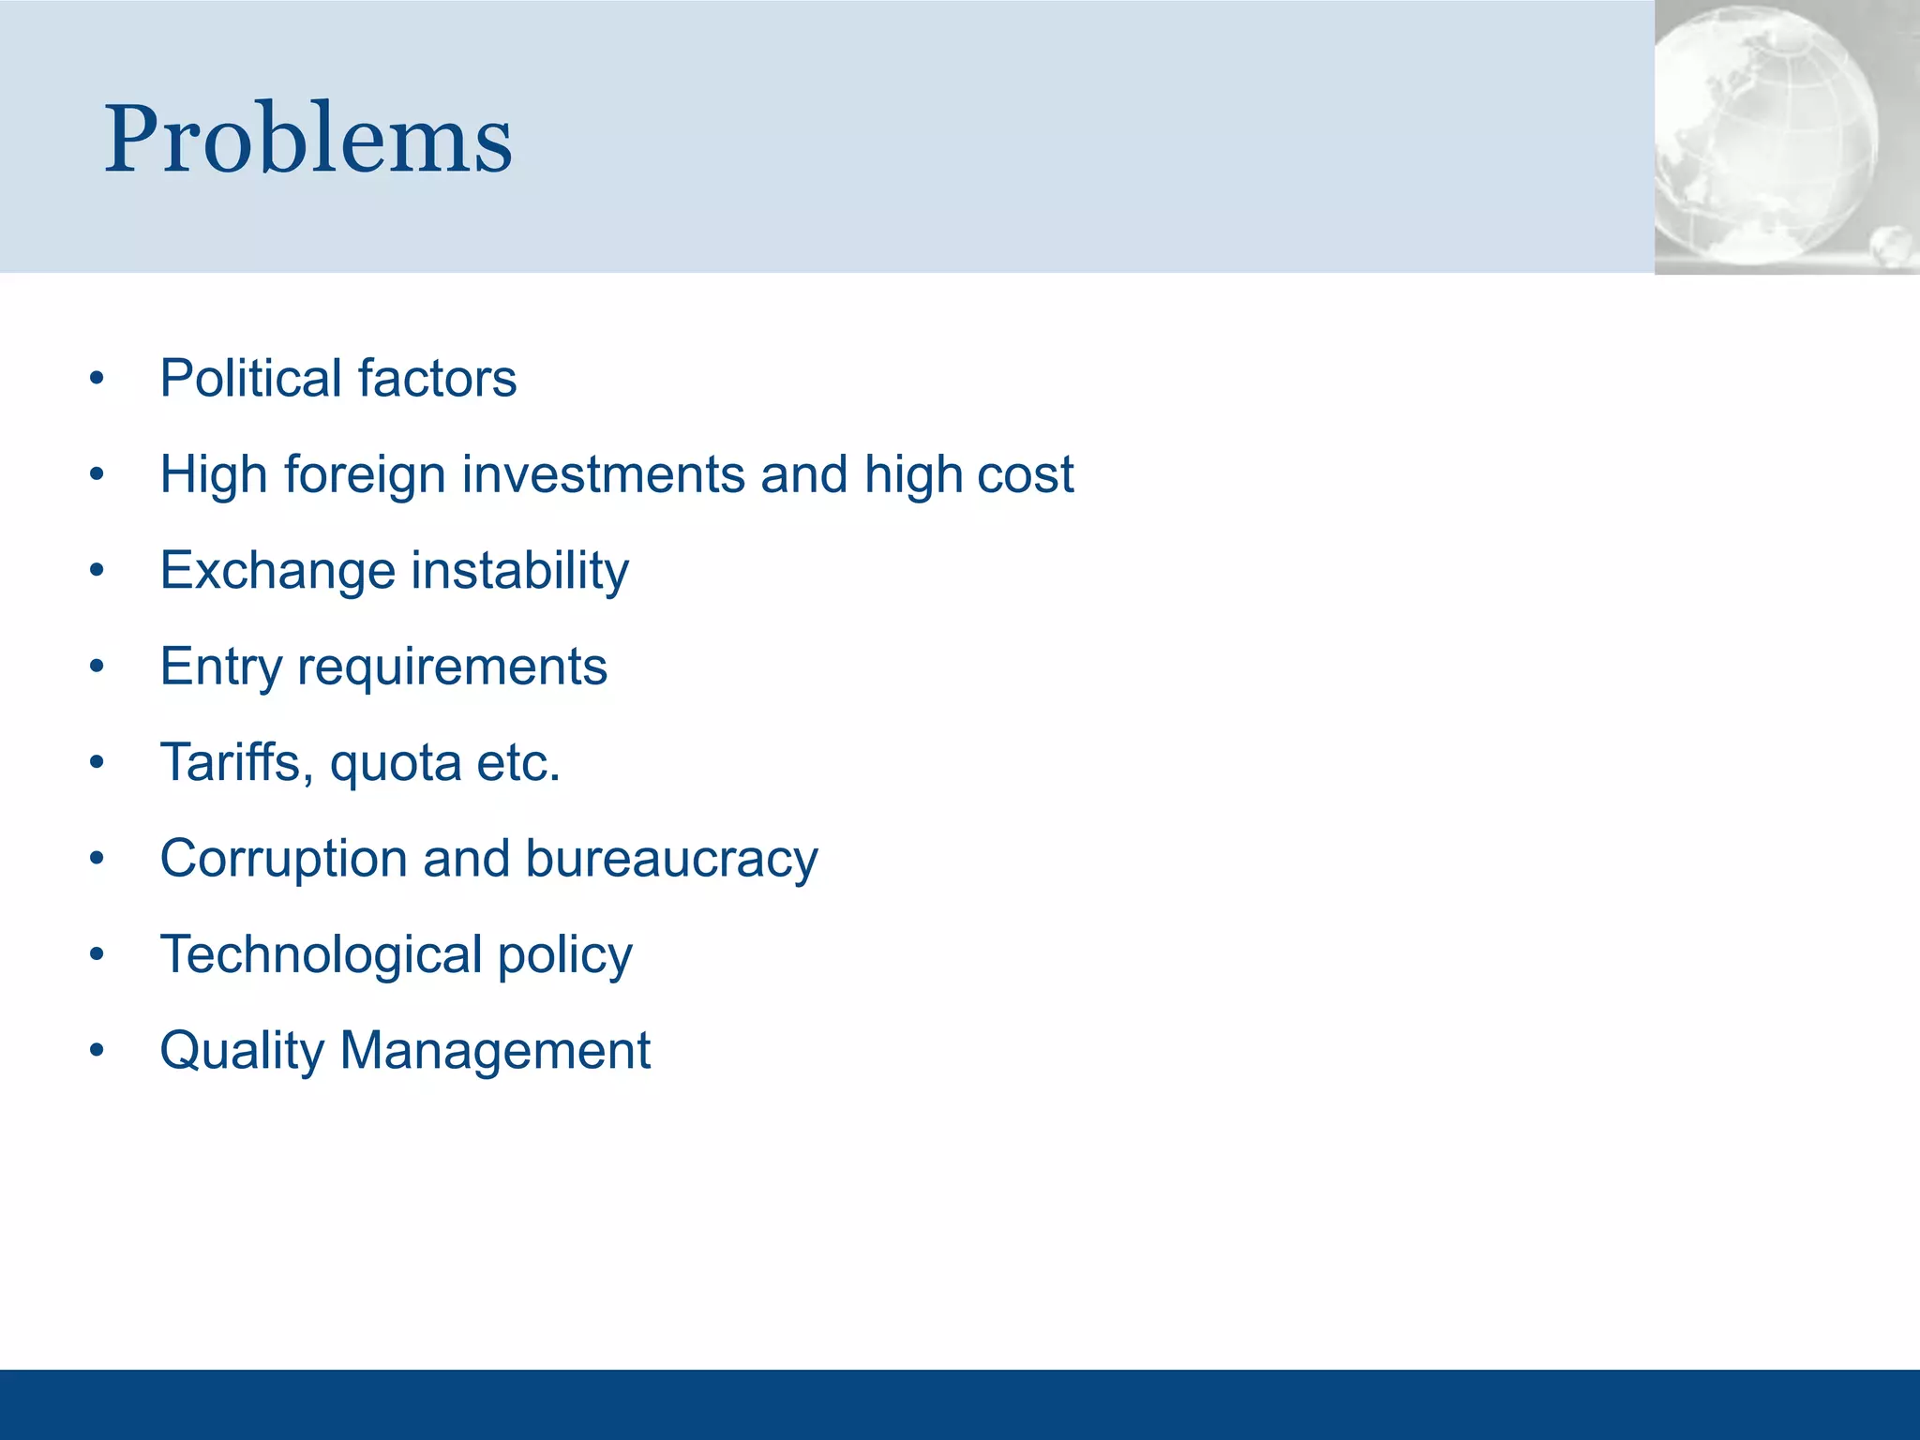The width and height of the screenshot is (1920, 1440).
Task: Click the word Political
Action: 250,378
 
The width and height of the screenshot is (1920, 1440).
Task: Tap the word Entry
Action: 220,667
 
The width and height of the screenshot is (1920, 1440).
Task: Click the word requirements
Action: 452,667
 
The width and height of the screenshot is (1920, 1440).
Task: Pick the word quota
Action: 395,764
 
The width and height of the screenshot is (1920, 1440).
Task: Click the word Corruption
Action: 284,859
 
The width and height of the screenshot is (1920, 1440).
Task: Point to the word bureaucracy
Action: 671,859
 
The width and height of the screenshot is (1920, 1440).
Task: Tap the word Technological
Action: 322,954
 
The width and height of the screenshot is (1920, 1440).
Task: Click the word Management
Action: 495,1050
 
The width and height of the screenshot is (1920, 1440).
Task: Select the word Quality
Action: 242,1050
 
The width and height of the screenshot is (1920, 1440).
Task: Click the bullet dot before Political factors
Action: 97,380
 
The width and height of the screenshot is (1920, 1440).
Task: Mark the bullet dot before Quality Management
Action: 97,1052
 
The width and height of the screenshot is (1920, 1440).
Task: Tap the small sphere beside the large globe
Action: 1893,246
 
